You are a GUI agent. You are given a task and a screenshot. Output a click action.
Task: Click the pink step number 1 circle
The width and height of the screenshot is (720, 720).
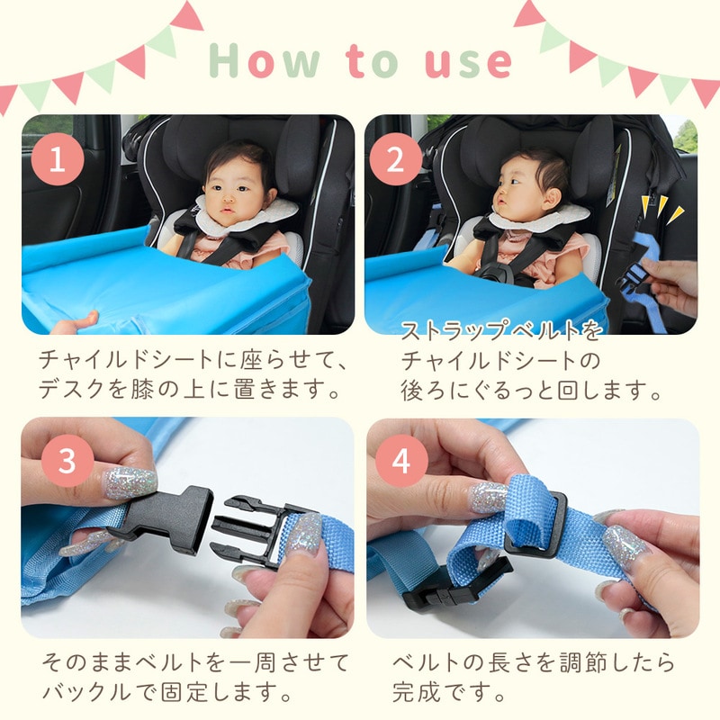point(58,159)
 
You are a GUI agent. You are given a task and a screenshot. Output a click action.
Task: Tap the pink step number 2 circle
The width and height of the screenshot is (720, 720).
point(396,159)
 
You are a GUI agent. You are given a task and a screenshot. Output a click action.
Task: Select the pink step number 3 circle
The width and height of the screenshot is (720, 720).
point(67,461)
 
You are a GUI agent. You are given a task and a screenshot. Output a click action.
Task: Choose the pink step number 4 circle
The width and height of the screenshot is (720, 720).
point(401,461)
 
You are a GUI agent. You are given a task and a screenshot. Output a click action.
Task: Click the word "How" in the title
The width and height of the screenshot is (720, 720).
point(264,60)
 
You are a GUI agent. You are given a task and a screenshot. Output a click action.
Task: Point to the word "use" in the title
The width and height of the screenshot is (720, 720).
point(468,63)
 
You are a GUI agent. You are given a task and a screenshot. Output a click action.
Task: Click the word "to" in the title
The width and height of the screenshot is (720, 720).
point(373,60)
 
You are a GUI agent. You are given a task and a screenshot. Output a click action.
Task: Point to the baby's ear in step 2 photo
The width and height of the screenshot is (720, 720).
point(551,198)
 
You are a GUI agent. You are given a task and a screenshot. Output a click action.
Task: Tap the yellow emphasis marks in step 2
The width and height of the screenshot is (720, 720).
point(661,208)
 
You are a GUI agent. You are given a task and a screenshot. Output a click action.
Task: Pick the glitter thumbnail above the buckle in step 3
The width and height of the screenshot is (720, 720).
point(130,482)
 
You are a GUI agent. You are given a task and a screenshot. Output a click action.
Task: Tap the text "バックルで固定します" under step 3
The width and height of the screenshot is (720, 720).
point(160,691)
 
